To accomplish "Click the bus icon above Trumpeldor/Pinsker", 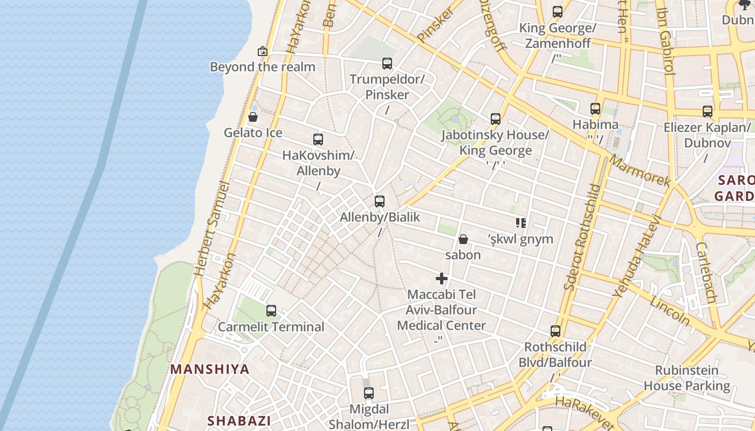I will click(x=387, y=64).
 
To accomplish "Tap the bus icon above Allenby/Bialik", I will click(x=380, y=201).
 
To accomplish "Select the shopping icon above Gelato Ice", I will click(x=252, y=117).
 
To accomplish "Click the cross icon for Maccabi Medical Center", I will click(x=442, y=279).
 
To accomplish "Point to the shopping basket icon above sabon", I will click(x=463, y=239).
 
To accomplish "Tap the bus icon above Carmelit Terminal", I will click(x=271, y=311).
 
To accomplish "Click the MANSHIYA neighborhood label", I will click(x=210, y=370).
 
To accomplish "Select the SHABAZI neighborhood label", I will click(x=239, y=421).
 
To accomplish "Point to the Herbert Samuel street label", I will click(x=214, y=229).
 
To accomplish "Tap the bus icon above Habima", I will click(x=595, y=109).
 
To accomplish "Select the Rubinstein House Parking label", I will click(x=687, y=378).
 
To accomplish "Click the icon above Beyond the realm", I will click(x=263, y=51).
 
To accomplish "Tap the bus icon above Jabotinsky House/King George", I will click(x=496, y=119).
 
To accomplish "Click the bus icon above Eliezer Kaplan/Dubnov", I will click(x=708, y=112).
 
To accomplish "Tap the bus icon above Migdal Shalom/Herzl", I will click(x=369, y=393).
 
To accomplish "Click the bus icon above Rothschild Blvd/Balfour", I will click(x=555, y=331).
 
